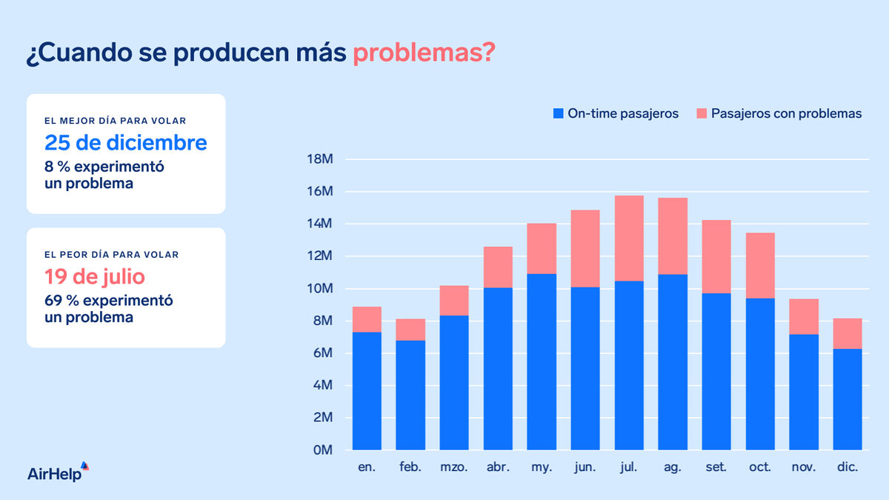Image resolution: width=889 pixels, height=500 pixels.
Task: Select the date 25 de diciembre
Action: (x=126, y=142)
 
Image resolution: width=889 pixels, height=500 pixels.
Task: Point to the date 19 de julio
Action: (x=94, y=277)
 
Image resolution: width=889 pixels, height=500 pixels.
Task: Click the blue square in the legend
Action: (x=559, y=114)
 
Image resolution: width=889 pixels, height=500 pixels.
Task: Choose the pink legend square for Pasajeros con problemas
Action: (x=702, y=114)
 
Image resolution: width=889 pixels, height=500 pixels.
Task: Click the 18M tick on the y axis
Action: (x=320, y=159)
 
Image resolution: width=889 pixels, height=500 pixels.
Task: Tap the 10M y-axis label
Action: (x=320, y=289)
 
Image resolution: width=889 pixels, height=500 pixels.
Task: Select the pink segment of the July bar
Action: (x=629, y=239)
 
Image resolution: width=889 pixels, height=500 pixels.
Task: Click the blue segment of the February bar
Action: (x=410, y=395)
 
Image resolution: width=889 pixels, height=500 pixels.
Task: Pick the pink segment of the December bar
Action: (x=848, y=333)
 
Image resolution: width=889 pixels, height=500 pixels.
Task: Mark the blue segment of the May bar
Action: (x=542, y=361)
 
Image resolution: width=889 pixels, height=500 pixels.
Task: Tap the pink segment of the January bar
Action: (x=367, y=319)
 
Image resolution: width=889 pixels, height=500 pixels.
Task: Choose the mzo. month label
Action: (x=454, y=468)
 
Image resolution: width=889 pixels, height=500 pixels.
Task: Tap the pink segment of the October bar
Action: (x=760, y=265)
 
